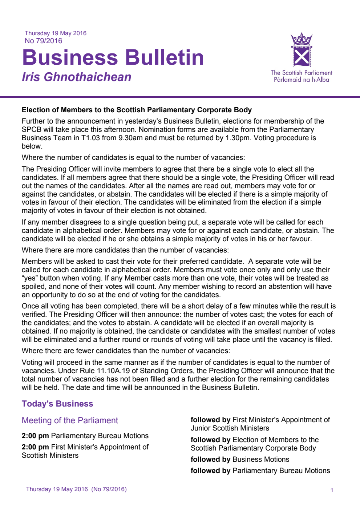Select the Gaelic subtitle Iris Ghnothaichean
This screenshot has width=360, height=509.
(76, 77)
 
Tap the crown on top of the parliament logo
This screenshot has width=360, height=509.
(302, 39)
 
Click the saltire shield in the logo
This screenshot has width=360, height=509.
(302, 57)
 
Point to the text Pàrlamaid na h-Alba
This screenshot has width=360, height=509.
(302, 80)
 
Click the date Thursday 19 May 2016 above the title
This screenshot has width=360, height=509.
(56, 33)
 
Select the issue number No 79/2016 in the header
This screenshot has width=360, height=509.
(43, 41)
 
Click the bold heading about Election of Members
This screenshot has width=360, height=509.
(137, 110)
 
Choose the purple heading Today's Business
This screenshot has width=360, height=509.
(57, 404)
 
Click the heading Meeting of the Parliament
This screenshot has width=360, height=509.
(70, 420)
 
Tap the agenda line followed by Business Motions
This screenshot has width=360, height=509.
(240, 459)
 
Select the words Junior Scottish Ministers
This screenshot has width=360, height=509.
(230, 428)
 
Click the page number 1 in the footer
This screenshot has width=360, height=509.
(332, 490)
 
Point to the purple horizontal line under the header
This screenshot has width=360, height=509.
(180, 97)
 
